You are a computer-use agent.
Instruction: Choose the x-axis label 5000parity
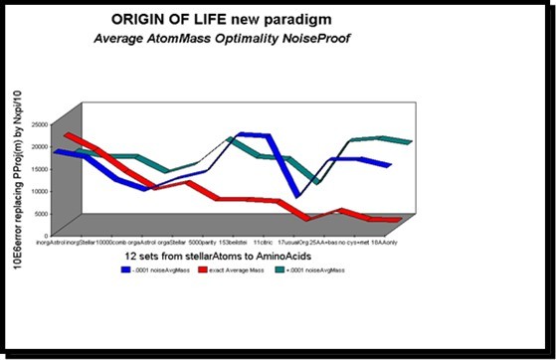pos(202,242)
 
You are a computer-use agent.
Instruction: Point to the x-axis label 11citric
pos(264,242)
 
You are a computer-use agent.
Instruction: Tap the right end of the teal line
pos(410,142)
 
